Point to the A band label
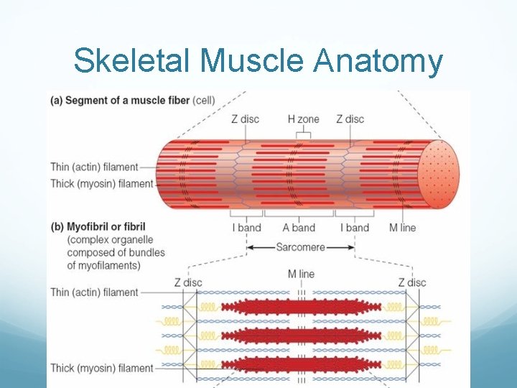point(299,228)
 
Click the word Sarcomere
point(300,247)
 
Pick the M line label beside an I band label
point(403,228)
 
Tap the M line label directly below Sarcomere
point(302,274)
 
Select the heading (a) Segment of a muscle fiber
point(133,100)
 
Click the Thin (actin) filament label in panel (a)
point(94,167)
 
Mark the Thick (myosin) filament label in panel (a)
point(102,183)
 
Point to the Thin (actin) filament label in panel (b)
point(94,292)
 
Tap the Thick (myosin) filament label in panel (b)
point(102,368)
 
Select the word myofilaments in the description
point(105,265)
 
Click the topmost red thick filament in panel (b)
point(301,307)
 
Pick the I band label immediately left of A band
point(246,228)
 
